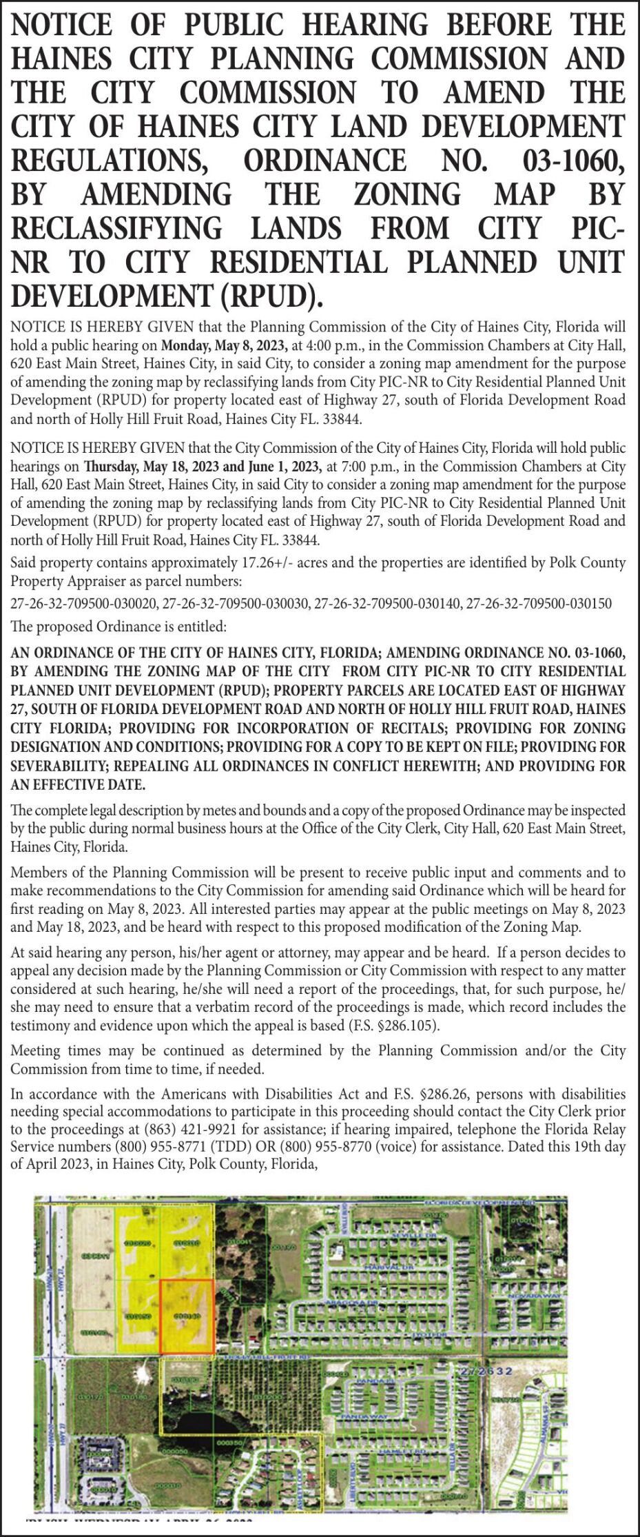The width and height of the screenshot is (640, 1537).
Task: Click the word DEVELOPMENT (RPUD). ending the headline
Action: coord(167,297)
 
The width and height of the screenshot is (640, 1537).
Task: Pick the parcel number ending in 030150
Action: coord(539,604)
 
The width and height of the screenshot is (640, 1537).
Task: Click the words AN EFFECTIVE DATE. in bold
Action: coord(78,785)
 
